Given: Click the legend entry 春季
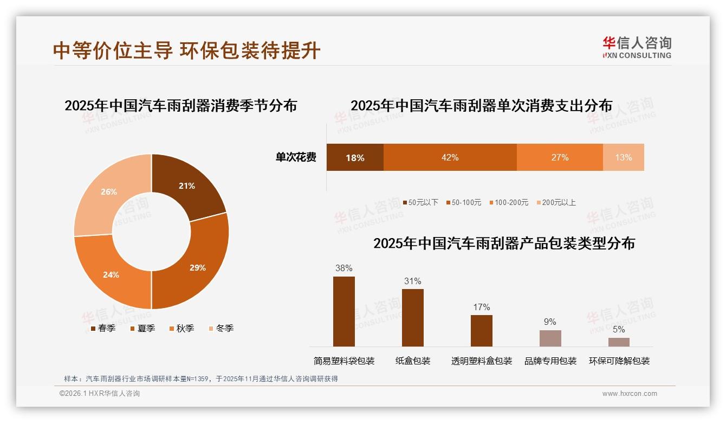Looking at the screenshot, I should [102, 328].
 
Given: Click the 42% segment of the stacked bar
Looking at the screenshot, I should [450, 157].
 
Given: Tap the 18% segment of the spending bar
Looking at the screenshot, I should [355, 158].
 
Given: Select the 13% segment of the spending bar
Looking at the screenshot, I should [623, 157].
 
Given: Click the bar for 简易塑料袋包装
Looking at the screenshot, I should [344, 311].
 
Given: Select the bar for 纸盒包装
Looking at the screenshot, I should [413, 317].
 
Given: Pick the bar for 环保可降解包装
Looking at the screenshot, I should [619, 342].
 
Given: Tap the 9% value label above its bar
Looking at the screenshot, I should [550, 322].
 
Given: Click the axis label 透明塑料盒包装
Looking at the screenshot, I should [482, 361].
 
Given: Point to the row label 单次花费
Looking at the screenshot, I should [296, 157].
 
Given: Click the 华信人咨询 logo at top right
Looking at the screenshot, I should [637, 47].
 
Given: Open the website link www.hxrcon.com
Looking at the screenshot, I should [630, 394].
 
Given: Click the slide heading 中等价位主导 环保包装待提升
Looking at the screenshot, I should [187, 50].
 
